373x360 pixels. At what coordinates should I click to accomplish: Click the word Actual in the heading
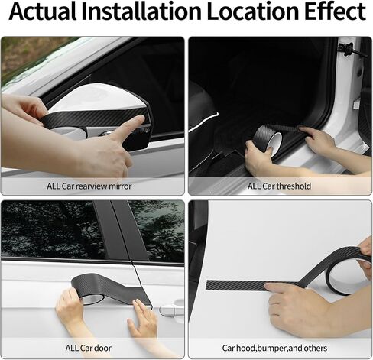(x=43, y=11)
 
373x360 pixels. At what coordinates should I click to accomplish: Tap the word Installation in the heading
(x=141, y=11)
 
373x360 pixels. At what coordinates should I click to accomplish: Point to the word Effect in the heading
(x=335, y=11)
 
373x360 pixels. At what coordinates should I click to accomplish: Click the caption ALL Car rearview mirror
(x=89, y=186)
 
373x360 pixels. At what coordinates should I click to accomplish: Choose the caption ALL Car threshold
(x=279, y=186)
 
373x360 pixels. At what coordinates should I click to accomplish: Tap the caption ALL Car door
(x=89, y=348)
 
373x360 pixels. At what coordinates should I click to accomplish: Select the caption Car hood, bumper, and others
(x=274, y=348)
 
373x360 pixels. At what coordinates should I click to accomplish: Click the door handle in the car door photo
(x=171, y=310)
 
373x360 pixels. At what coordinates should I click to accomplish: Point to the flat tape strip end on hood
(x=207, y=285)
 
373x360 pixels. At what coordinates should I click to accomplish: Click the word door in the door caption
(x=101, y=348)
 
